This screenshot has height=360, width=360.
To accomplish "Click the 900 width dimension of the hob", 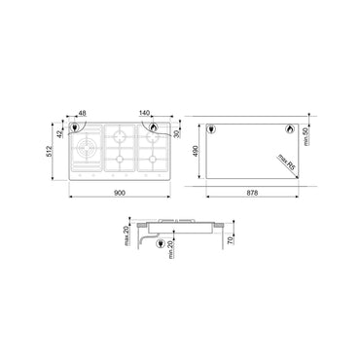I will (x=119, y=195).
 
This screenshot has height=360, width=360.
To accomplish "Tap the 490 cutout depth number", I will (x=197, y=151).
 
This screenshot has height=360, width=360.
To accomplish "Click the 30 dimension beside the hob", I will (x=177, y=133).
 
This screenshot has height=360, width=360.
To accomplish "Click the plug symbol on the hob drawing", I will (x=153, y=127).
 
